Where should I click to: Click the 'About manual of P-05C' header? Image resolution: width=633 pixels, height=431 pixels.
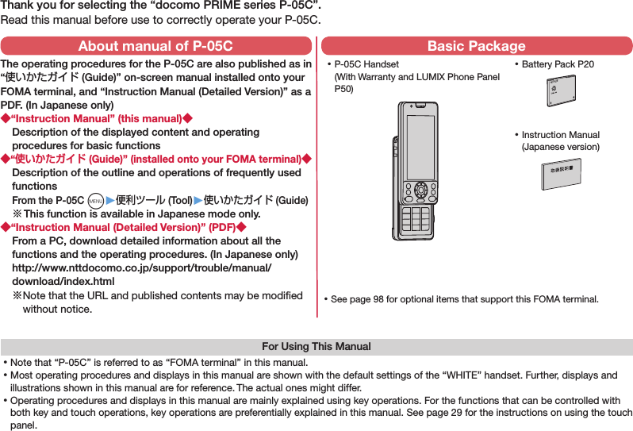pos(156,46)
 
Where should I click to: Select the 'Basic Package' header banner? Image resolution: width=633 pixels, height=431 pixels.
pos(476,46)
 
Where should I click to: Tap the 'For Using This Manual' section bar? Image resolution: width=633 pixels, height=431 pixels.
pos(316,347)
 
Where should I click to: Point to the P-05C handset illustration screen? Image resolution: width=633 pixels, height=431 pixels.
pos(419,147)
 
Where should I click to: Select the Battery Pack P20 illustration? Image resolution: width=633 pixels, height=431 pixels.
pos(560,93)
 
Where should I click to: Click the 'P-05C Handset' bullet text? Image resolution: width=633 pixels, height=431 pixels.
pos(367,64)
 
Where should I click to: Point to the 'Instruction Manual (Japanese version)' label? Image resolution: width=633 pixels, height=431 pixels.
pos(560,140)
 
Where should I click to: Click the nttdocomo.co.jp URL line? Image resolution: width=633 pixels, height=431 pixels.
pos(142,268)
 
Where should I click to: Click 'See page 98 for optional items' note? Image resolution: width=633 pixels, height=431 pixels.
pos(464,299)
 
